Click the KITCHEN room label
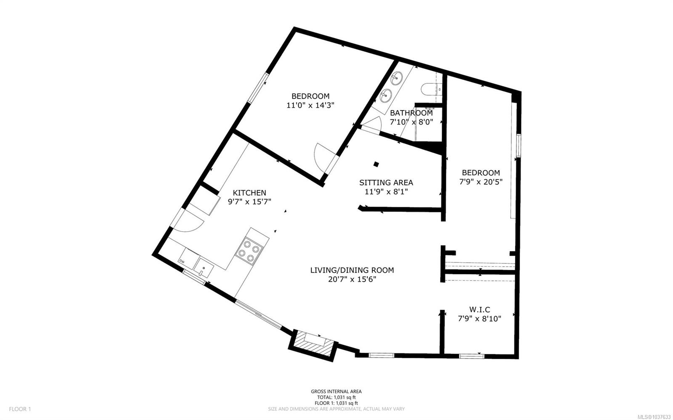pos(249,193)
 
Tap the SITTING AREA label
pos(386,182)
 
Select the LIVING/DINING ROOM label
pos(352,270)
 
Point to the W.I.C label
pos(480,309)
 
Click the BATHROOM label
pos(411,113)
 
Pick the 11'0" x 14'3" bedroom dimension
pos(310,106)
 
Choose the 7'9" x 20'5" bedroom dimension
pos(481,182)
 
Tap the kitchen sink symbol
pos(204,267)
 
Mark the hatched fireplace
pos(313,345)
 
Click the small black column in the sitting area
pos(376,164)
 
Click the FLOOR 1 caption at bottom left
pos(20,409)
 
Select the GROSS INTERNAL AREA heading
pos(336,391)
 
